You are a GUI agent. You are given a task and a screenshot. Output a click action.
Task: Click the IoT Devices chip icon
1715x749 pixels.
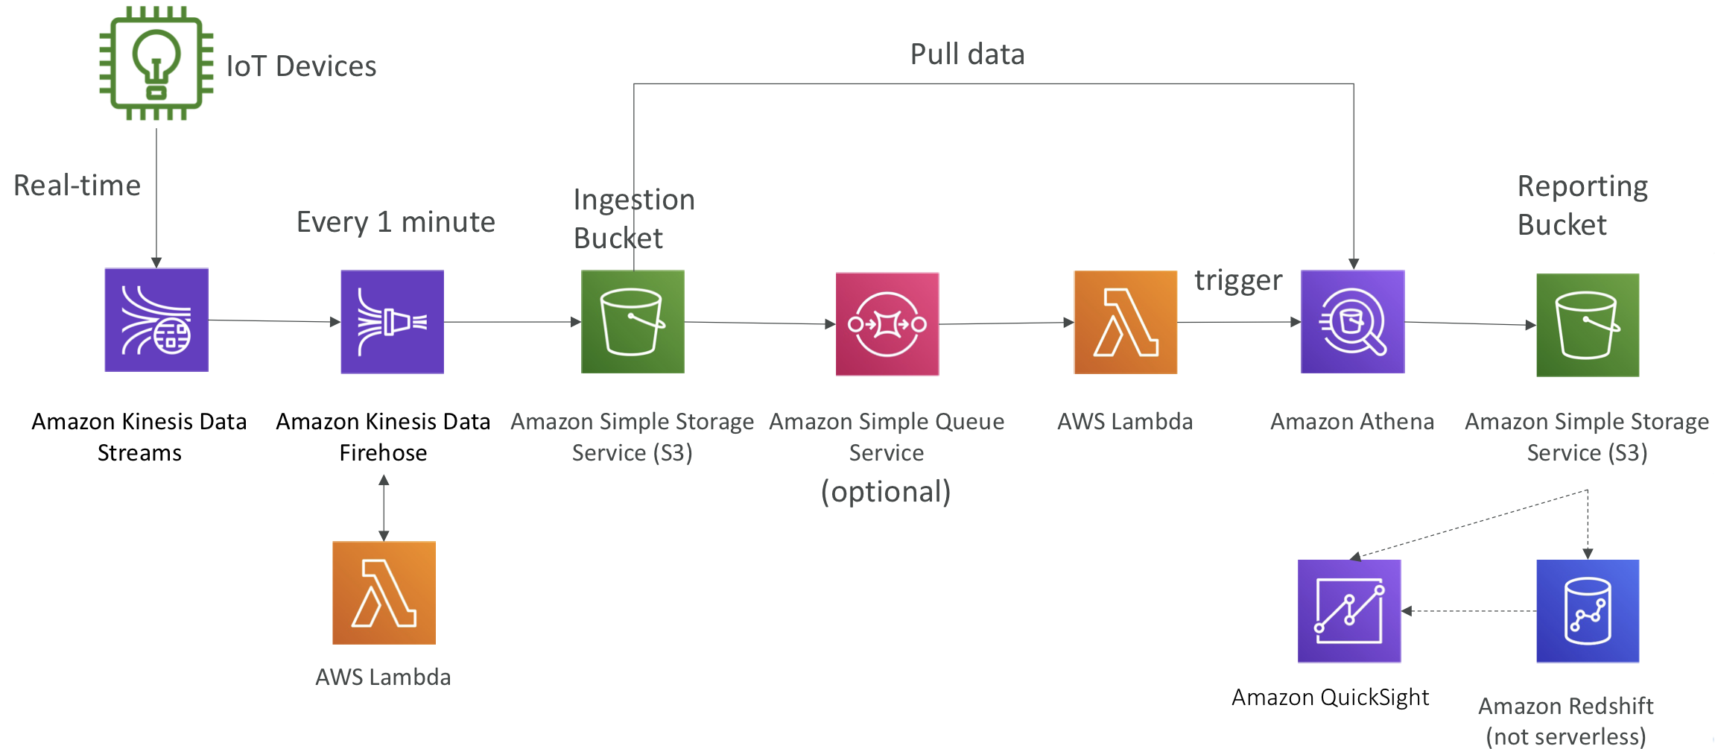156,63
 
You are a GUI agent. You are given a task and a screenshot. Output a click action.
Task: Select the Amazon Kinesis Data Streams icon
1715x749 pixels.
156,320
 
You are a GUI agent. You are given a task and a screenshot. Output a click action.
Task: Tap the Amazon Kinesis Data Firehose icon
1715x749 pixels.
393,321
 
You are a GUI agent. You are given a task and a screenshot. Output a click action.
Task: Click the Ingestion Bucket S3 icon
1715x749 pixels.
633,321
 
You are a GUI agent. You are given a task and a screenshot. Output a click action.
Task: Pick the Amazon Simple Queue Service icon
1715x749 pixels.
887,324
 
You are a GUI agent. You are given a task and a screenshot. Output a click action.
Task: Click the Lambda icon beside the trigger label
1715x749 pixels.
1126,322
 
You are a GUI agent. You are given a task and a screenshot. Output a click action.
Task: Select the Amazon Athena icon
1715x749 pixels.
1353,321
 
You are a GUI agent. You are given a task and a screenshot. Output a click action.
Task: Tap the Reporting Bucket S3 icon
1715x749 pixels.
1588,325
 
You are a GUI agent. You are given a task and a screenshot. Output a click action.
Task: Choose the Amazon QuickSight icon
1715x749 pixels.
1349,611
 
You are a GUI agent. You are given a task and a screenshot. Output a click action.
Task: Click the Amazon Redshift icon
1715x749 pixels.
1588,611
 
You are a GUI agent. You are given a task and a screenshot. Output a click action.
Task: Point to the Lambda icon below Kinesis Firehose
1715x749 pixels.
384,592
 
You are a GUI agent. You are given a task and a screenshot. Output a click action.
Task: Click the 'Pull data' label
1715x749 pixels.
968,54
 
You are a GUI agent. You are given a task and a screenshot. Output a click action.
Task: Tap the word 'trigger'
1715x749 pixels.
1238,281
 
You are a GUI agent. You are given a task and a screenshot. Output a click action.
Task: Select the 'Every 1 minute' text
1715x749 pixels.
396,222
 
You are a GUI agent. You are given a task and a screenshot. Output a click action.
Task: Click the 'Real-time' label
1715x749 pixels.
77,185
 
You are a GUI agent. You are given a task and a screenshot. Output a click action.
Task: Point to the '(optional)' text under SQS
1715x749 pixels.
886,492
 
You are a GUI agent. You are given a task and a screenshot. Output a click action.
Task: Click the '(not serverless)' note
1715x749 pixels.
1566,736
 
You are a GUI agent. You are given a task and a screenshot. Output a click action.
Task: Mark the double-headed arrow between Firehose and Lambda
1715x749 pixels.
384,508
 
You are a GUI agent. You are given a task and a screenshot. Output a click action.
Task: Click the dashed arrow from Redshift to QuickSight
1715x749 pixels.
1468,611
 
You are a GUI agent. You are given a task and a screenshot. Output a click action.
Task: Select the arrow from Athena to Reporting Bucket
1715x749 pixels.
1471,323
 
